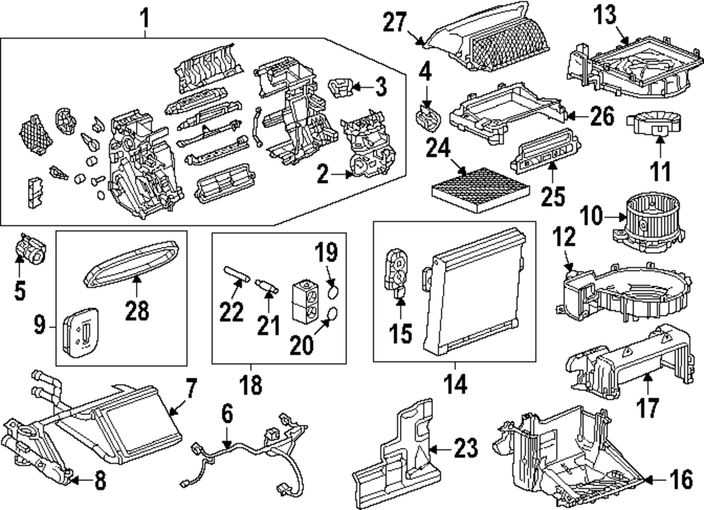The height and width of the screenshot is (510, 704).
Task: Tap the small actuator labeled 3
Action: coord(343,87)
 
